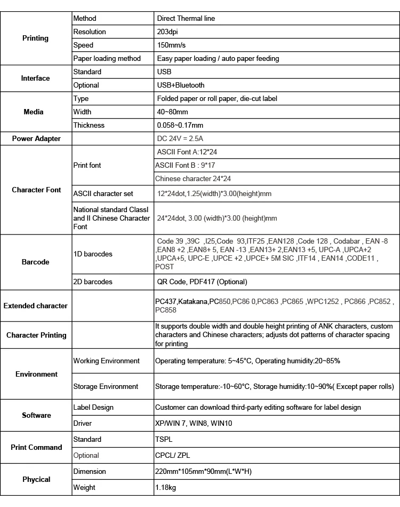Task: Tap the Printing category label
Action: [x=35, y=38]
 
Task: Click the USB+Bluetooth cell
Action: [x=181, y=85]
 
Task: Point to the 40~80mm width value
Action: [x=173, y=112]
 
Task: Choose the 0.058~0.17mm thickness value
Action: [x=180, y=126]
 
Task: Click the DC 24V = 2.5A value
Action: [x=181, y=139]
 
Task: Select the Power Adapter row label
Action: [x=36, y=139]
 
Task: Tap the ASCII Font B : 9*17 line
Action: [x=186, y=166]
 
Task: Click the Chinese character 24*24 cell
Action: [x=193, y=179]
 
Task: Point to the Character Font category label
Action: [x=36, y=190]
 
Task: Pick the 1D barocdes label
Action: [x=93, y=254]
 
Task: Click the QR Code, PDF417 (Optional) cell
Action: [x=202, y=282]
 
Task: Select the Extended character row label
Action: [x=35, y=306]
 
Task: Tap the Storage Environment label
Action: [x=106, y=386]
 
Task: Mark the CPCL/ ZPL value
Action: [x=172, y=456]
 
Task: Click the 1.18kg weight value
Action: [x=166, y=487]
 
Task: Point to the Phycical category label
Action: [x=36, y=480]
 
